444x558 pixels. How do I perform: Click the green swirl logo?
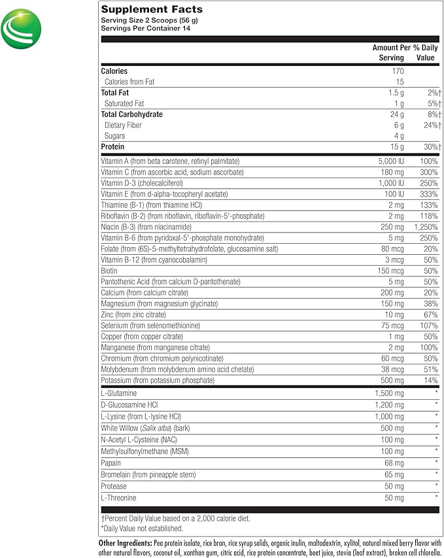tap(22, 29)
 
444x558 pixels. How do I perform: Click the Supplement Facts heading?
tap(152, 9)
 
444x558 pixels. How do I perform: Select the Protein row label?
tap(112, 147)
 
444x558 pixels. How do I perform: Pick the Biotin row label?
tap(109, 270)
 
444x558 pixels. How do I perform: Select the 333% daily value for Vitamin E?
tap(429, 194)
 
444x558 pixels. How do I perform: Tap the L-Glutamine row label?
tap(118, 393)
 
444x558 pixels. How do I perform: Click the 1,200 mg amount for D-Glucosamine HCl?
tap(389, 404)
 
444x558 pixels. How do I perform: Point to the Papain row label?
tap(111, 463)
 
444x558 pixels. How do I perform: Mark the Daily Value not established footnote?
tap(142, 529)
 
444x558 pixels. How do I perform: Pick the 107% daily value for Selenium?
tap(429, 325)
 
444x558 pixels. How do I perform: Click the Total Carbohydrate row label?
tap(132, 114)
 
